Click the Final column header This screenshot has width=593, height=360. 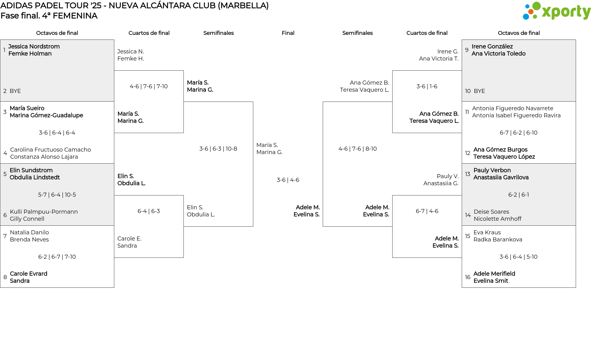coord(288,33)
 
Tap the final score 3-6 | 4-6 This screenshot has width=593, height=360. coord(288,180)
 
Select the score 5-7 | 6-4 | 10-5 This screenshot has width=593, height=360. coord(57,195)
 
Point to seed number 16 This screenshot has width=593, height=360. coord(468,277)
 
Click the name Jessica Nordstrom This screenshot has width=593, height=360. coord(34,47)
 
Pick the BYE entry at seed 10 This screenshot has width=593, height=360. coord(479,91)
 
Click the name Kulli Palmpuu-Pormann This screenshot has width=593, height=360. coord(44,212)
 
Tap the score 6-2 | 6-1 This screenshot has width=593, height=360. coord(519,195)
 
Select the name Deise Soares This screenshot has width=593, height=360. coord(491,212)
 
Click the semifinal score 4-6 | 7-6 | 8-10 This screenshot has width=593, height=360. coord(357,149)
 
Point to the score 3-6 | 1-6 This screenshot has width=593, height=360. coord(427,86)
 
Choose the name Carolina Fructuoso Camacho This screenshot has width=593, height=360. coord(50,150)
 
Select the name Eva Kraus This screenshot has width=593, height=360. coord(487,232)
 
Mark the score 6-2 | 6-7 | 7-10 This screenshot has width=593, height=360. coord(57,257)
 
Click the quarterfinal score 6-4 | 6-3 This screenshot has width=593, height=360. coord(149,211)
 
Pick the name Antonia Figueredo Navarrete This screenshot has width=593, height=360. coord(512,108)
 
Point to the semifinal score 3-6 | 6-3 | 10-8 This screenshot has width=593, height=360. coord(218,149)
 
